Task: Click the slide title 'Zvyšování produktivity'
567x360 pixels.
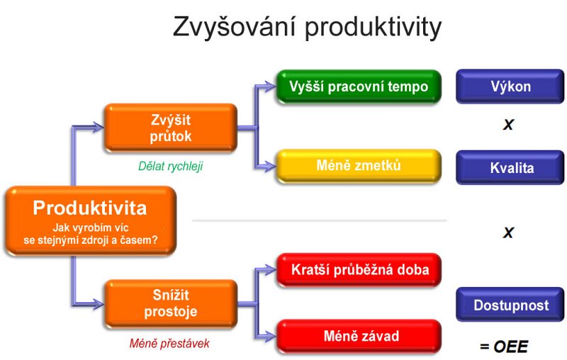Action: pos(307,27)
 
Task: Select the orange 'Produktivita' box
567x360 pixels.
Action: pos(91,221)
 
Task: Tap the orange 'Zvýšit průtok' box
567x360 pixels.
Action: pos(171,128)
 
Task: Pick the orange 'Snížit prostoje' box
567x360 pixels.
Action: pos(171,303)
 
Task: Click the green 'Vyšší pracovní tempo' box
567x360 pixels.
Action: pos(359,86)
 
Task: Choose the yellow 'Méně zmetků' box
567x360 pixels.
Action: pos(359,166)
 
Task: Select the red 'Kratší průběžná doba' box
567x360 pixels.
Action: pos(359,270)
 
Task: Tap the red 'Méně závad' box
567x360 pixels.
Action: pos(359,336)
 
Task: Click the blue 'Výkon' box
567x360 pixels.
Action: pos(510,86)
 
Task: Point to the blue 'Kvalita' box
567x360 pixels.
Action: pos(510,168)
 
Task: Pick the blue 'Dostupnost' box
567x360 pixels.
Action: pos(510,305)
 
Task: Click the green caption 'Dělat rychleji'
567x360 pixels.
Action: pos(171,166)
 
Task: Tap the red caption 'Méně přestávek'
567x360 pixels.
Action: pos(169,343)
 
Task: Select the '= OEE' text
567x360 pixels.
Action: pos(504,347)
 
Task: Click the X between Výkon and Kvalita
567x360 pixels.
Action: pos(508,125)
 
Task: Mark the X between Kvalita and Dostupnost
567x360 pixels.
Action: pos(508,232)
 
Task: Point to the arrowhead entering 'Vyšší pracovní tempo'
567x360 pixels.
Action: pos(270,86)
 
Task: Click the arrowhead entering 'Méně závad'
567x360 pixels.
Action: pos(270,337)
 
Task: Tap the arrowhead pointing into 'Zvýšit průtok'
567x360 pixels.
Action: pos(98,128)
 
